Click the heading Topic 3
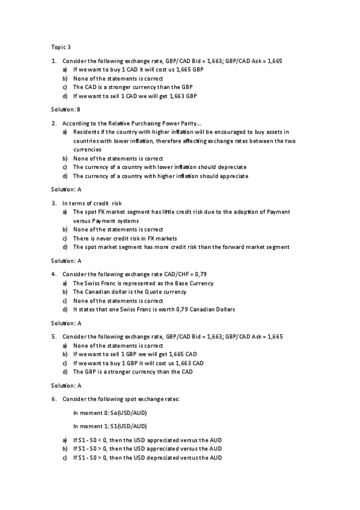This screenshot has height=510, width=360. [x=61, y=46]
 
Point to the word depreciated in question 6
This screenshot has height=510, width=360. [x=163, y=458]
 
